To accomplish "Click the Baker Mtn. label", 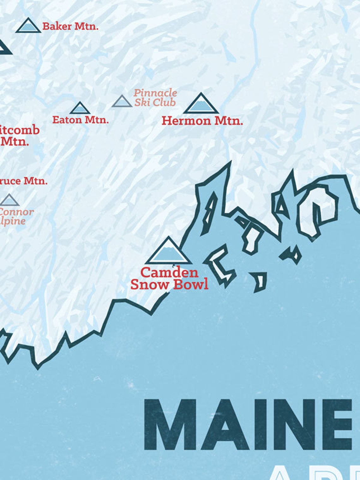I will tap(70, 26).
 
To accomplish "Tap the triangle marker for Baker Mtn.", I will tap(28, 27).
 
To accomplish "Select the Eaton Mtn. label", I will tap(80, 120).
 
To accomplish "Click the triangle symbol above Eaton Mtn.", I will tap(80, 109).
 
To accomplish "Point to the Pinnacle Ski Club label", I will tap(155, 98).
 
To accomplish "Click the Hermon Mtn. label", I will tap(202, 121).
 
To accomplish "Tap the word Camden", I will tap(169, 272).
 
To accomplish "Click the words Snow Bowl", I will tap(169, 285).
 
